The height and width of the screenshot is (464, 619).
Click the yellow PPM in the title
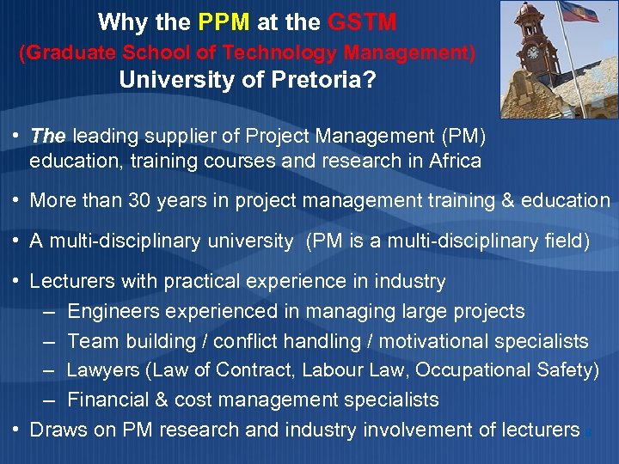point(226,21)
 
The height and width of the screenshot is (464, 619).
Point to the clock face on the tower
point(533,52)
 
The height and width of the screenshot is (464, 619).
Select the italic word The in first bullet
point(48,136)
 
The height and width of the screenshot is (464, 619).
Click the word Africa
point(453,161)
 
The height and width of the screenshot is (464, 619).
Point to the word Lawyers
point(102,370)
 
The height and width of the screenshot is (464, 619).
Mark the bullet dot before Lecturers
point(16,281)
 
